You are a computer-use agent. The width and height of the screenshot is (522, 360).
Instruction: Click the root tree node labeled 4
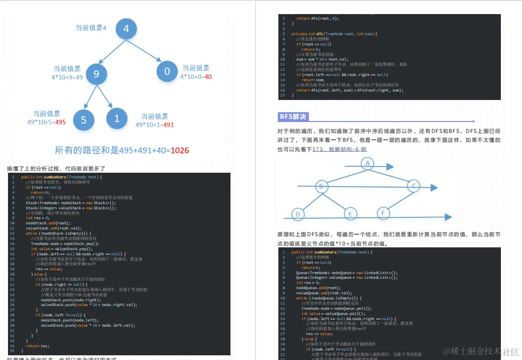pyautogui.click(x=126, y=29)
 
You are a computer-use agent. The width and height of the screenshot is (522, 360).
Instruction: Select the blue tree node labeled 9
pyautogui.click(x=96, y=74)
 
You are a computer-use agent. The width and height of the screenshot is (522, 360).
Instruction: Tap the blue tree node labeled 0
pyautogui.click(x=167, y=71)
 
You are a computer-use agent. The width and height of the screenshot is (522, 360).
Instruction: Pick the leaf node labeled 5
pyautogui.click(x=84, y=119)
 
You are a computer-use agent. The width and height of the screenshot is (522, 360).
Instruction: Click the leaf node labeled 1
pyautogui.click(x=117, y=118)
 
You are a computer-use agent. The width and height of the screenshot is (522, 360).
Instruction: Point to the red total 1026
pyautogui.click(x=180, y=151)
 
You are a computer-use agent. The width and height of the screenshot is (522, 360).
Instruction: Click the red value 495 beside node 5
pyautogui.click(x=60, y=122)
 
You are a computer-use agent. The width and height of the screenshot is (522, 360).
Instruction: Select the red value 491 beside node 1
pyautogui.click(x=168, y=125)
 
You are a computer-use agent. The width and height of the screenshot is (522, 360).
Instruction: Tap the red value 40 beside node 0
pyautogui.click(x=208, y=77)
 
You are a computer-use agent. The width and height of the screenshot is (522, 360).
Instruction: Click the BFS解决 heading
pyautogui.click(x=293, y=117)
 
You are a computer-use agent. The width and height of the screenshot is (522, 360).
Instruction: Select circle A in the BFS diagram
pyautogui.click(x=368, y=163)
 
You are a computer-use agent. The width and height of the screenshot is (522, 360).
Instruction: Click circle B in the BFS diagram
pyautogui.click(x=321, y=186)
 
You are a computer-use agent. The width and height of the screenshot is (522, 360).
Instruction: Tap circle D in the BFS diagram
pyautogui.click(x=298, y=215)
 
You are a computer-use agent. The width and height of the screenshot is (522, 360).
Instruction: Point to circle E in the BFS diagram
pyautogui.click(x=350, y=214)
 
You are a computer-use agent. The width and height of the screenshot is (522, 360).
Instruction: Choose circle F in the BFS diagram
pyautogui.click(x=383, y=213)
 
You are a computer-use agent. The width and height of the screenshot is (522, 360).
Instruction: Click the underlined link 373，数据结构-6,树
pyautogui.click(x=339, y=149)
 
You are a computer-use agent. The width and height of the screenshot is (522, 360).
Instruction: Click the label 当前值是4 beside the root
pyautogui.click(x=91, y=28)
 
